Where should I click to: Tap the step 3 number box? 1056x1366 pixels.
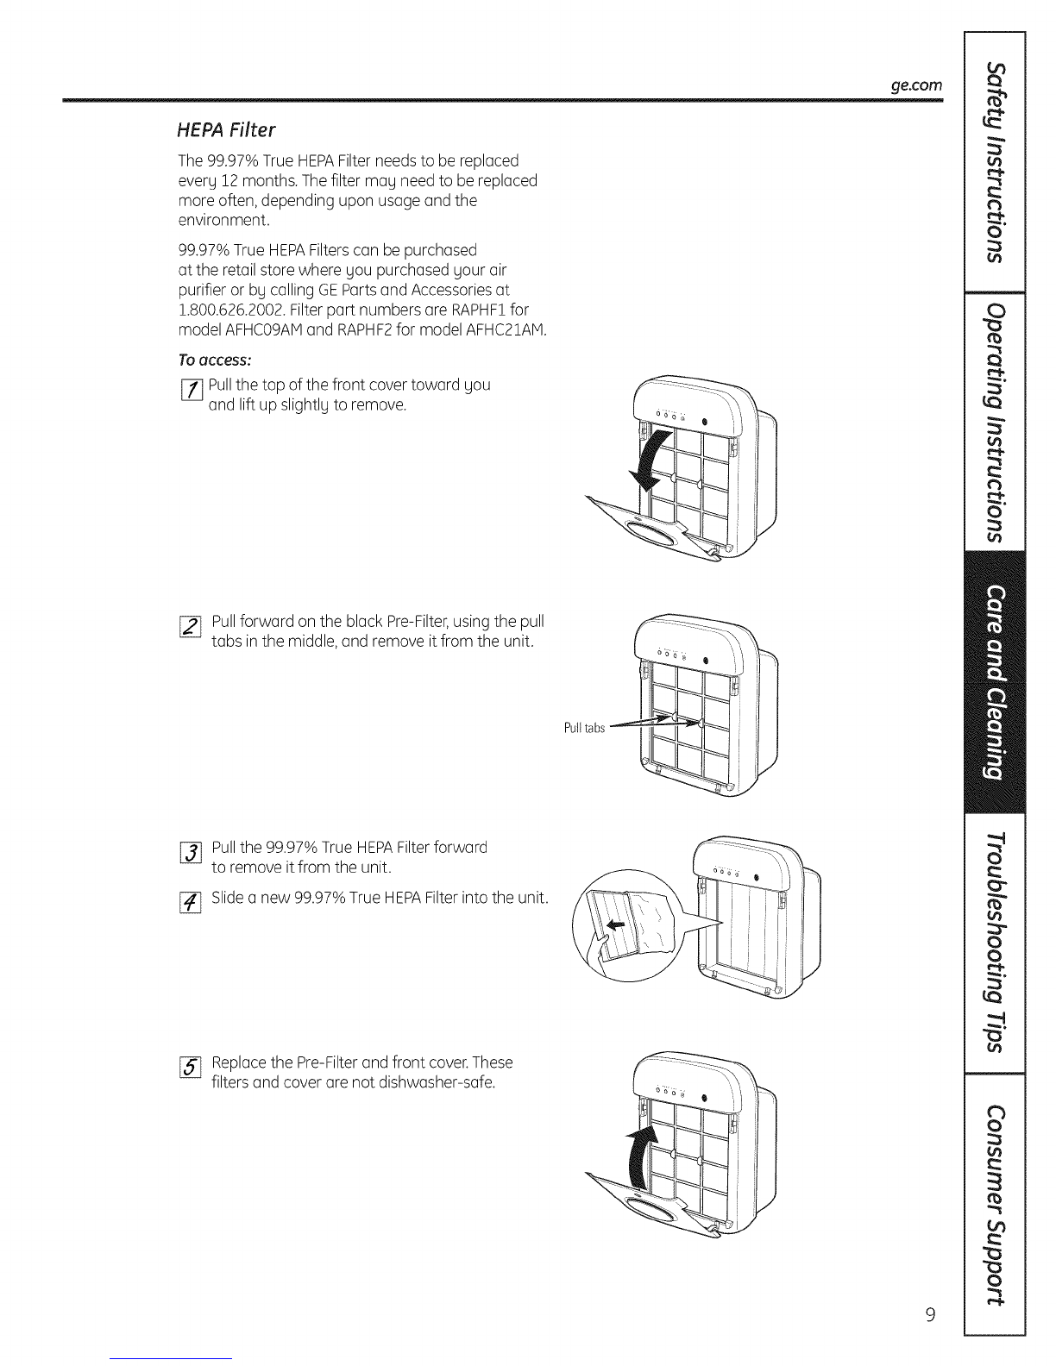tap(194, 856)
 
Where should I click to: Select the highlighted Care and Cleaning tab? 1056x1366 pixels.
tap(995, 680)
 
